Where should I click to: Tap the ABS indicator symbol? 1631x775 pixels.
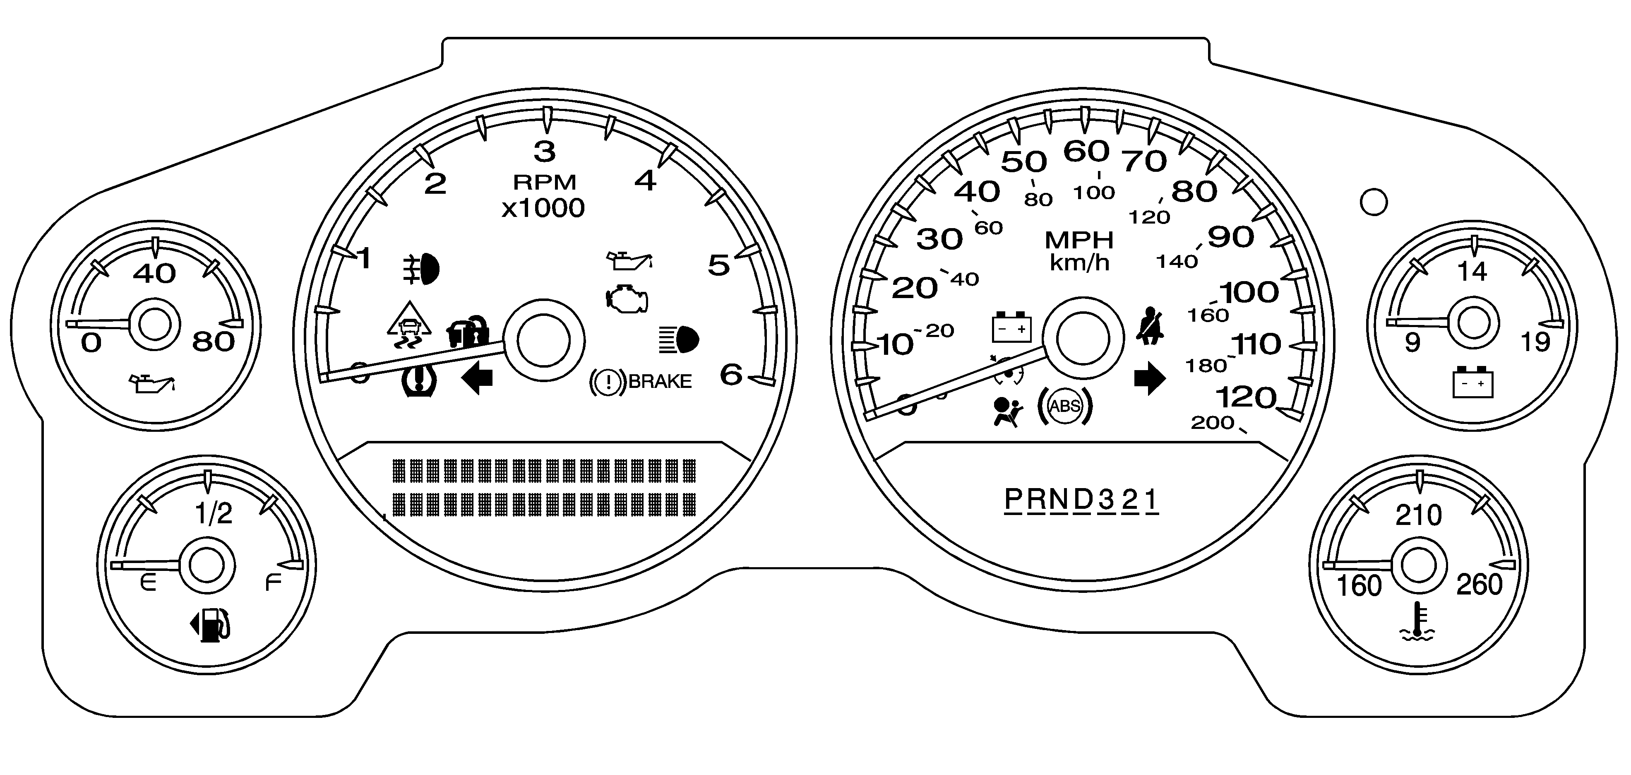click(x=1064, y=406)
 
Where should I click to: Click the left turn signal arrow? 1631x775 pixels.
click(x=478, y=379)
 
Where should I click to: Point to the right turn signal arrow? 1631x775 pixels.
click(x=1149, y=379)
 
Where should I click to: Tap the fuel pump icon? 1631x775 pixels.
click(x=210, y=625)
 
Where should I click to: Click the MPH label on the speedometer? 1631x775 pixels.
click(x=1079, y=240)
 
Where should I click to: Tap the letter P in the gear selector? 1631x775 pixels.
click(x=1014, y=500)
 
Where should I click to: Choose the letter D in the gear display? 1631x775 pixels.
click(x=1083, y=500)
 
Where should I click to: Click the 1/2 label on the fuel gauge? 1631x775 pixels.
click(x=214, y=513)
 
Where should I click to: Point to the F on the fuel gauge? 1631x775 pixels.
click(x=273, y=582)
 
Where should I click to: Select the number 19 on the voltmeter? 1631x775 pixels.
click(x=1535, y=342)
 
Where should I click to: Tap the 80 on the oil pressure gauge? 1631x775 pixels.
click(x=214, y=342)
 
